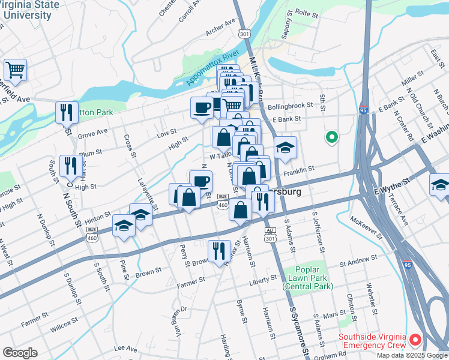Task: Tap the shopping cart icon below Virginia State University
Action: tap(15, 69)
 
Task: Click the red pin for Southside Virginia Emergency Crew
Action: tap(415, 341)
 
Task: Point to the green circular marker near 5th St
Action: tap(331, 138)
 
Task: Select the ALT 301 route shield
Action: tap(271, 235)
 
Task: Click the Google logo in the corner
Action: tap(20, 353)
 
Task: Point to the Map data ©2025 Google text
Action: tap(411, 355)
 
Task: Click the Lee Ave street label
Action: tap(125, 347)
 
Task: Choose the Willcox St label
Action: tap(64, 329)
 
